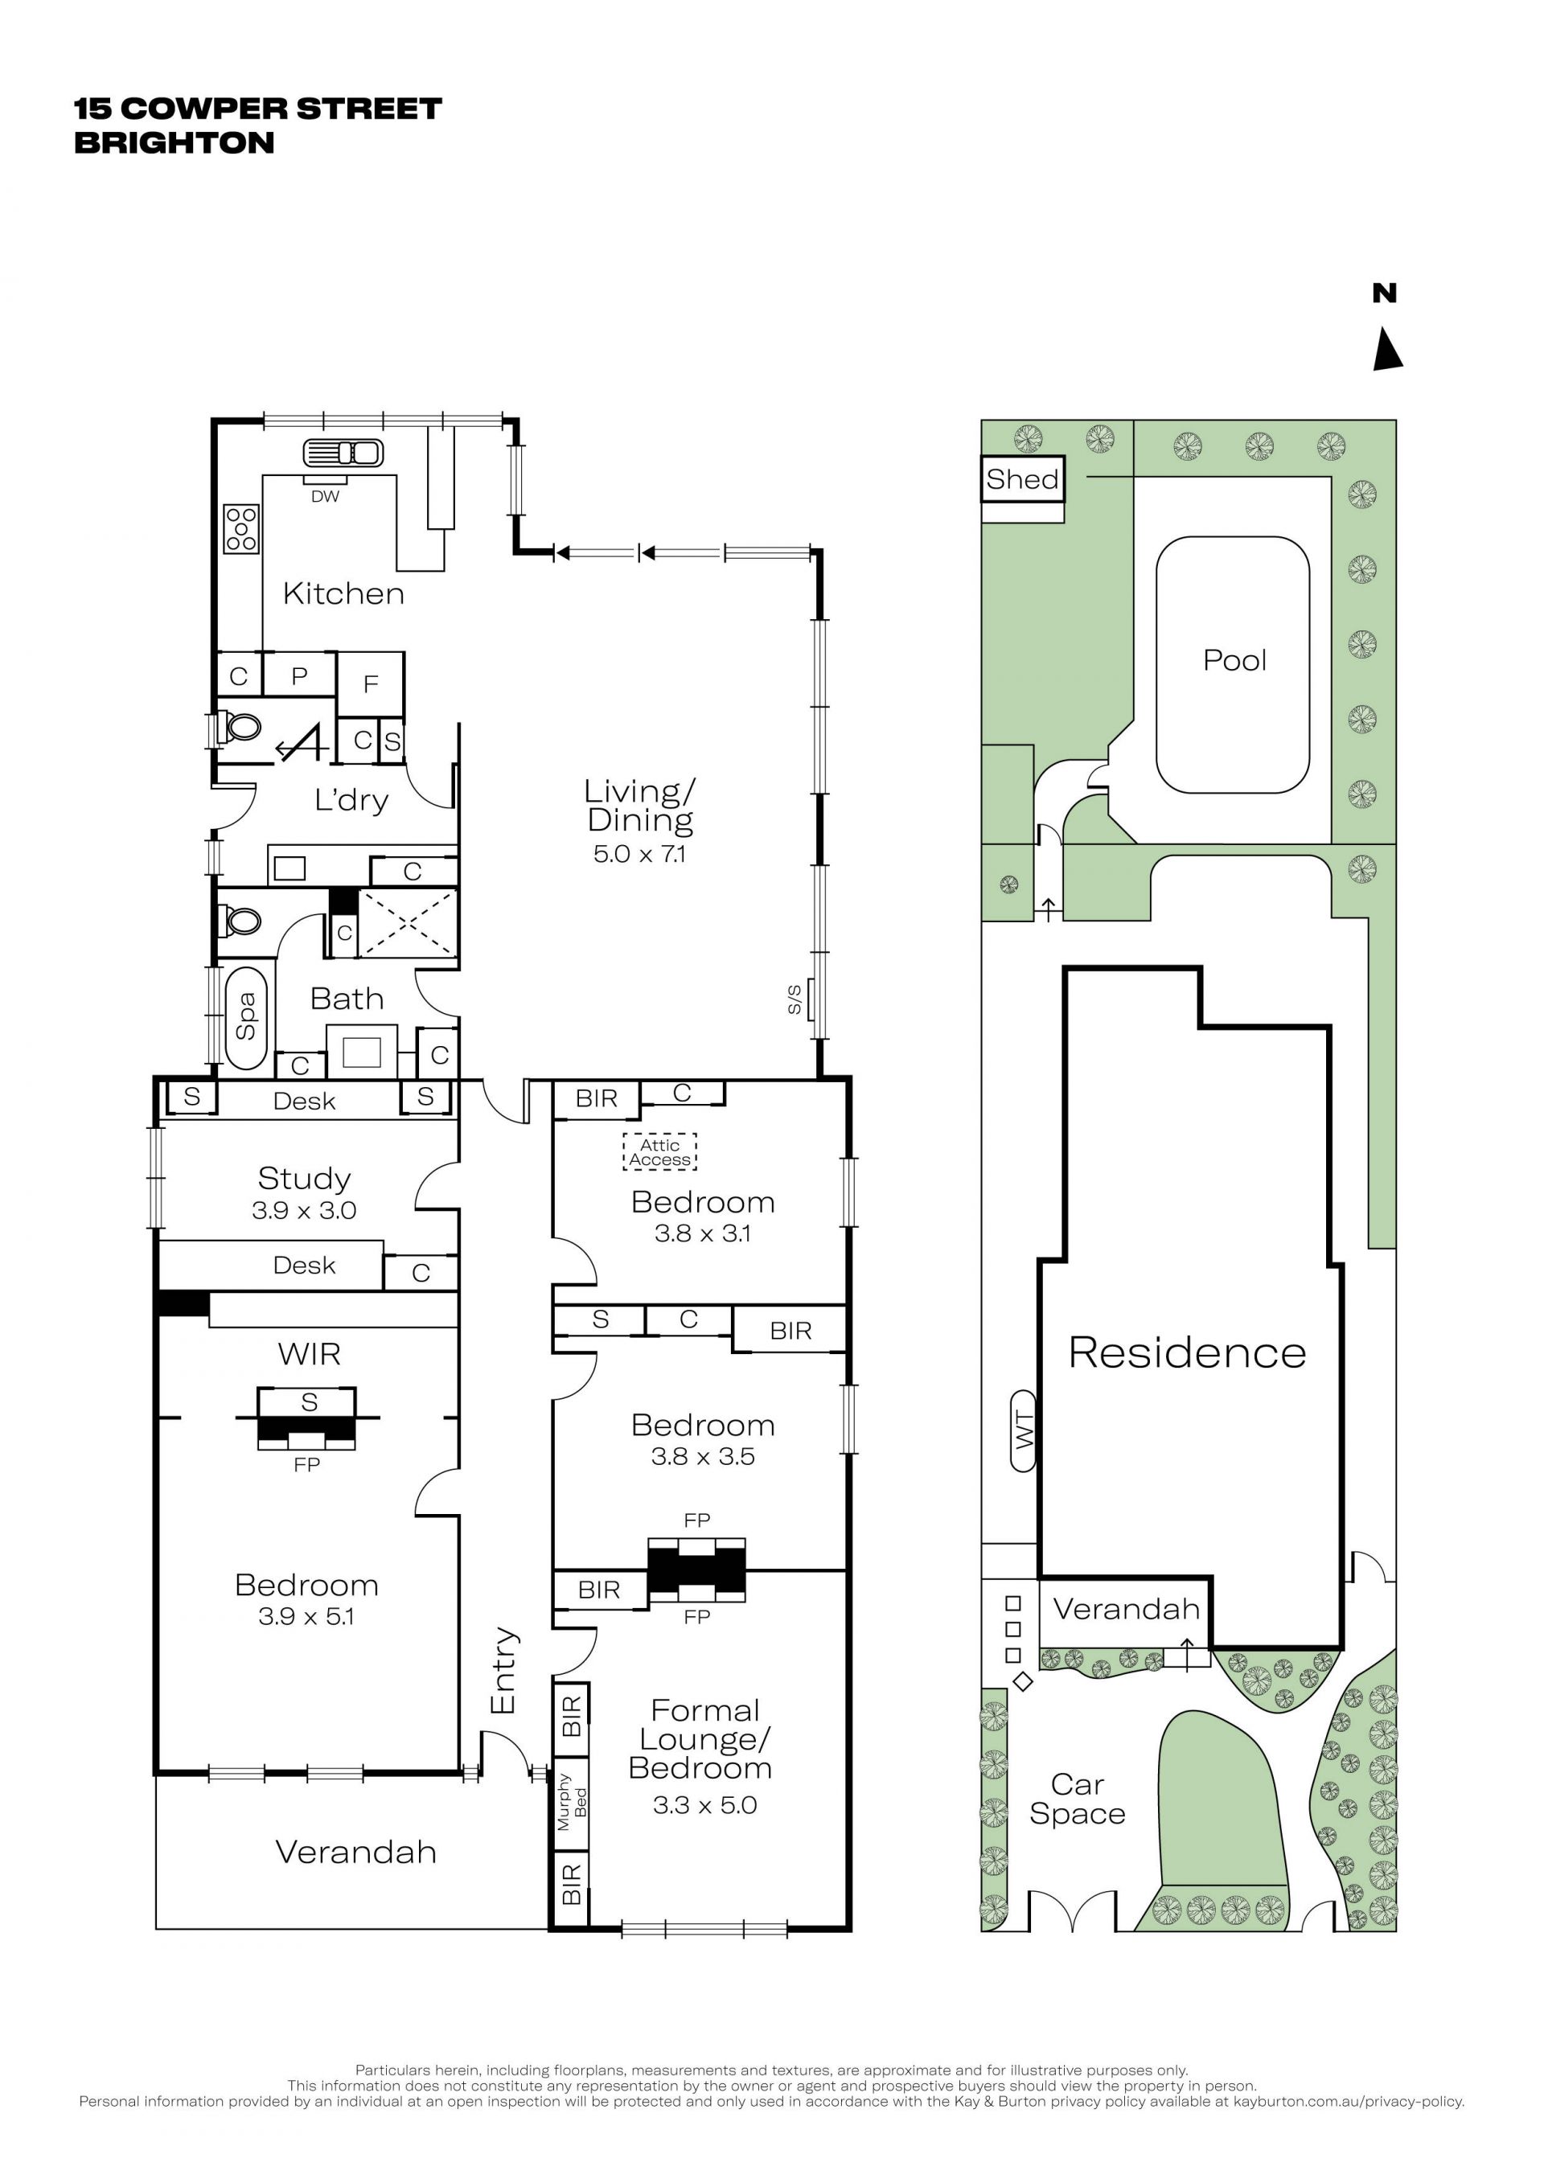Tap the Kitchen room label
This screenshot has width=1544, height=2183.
[x=343, y=593]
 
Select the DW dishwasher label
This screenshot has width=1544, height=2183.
[x=325, y=496]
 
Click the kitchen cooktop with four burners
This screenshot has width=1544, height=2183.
[x=241, y=528]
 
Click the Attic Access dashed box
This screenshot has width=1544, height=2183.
[x=659, y=1151]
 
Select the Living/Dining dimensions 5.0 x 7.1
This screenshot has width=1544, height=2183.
[x=639, y=854]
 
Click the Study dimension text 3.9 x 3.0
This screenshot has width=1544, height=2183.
[x=304, y=1210]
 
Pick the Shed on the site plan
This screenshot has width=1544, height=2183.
[x=1022, y=479]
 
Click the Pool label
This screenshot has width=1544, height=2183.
[x=1234, y=660]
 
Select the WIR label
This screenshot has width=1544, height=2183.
[x=309, y=1354]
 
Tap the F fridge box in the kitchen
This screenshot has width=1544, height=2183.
[x=371, y=683]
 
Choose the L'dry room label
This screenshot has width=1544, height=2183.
[x=351, y=801]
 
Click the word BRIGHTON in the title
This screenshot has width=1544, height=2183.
[x=174, y=142]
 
